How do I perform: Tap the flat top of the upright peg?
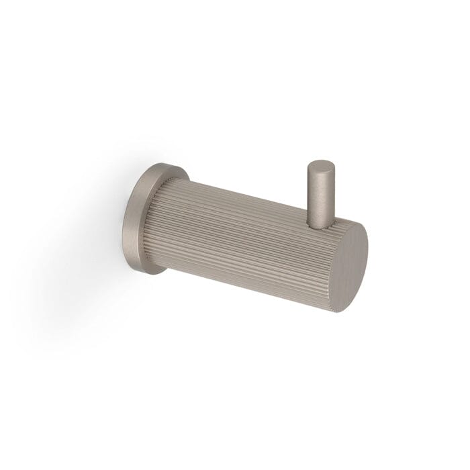[320, 166]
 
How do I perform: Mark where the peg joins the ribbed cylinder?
[322, 216]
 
